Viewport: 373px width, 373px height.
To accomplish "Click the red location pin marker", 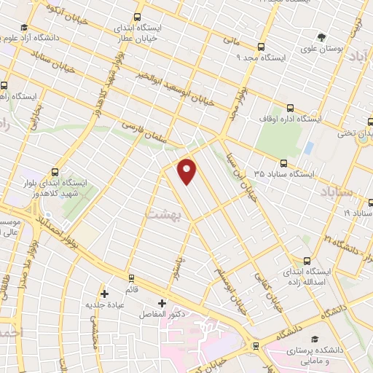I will click(188, 171).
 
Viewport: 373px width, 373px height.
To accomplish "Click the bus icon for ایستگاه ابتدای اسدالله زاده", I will click(307, 260).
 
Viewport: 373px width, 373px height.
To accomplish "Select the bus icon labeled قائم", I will click(131, 278).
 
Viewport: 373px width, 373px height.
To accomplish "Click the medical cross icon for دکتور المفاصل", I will click(162, 303).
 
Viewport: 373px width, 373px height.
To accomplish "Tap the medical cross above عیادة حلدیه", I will click(105, 294).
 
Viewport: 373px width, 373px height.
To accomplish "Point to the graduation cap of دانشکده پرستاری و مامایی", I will click(315, 339).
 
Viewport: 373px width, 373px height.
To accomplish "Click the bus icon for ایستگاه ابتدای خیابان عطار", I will click(138, 16).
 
